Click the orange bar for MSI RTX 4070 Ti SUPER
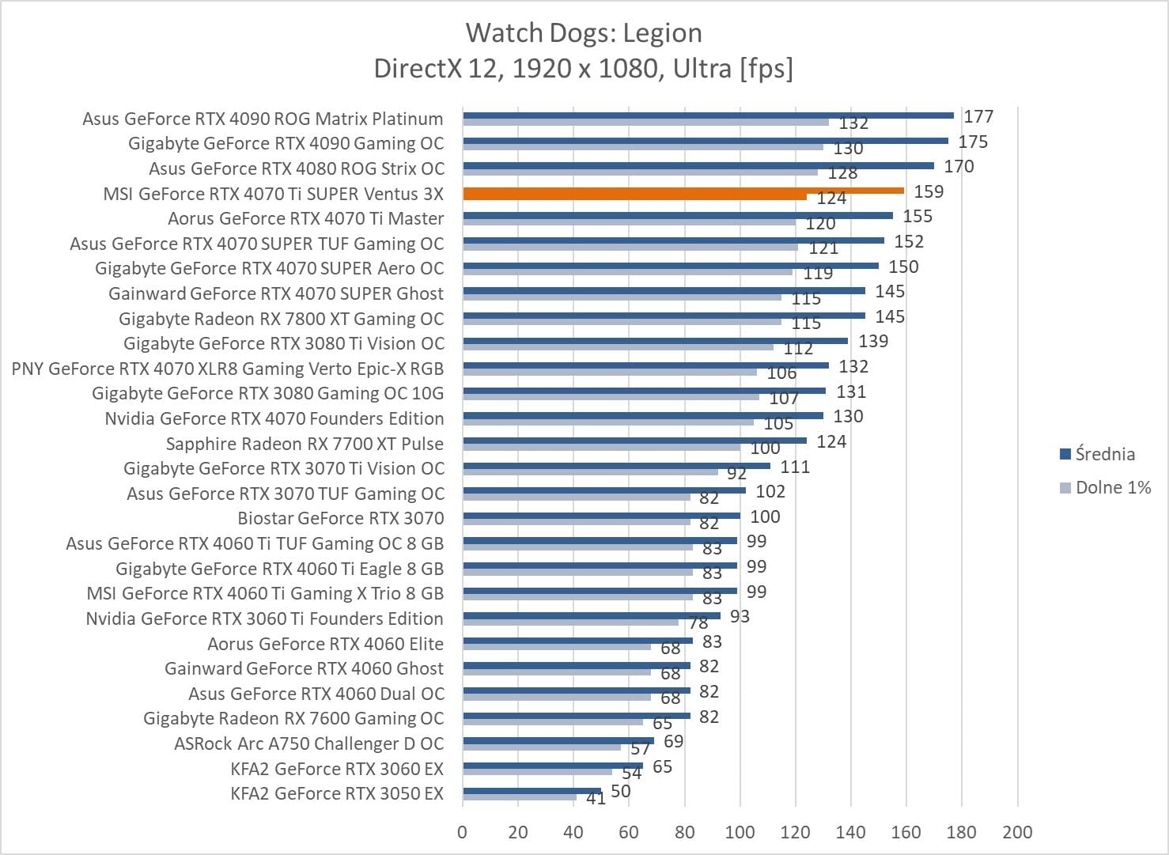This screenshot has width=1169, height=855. [x=683, y=191]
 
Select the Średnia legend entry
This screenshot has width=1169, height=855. [x=1104, y=454]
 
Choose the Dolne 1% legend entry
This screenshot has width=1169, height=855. [x=1112, y=487]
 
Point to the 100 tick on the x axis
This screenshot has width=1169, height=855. [x=740, y=832]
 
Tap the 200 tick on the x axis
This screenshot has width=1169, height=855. [x=1017, y=832]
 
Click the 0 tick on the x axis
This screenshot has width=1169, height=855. [x=463, y=832]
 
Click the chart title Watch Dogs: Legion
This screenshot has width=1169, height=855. [x=584, y=33]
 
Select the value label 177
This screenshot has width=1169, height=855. [x=978, y=116]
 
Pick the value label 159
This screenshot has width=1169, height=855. [x=929, y=191]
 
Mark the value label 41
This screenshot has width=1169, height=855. [x=596, y=799]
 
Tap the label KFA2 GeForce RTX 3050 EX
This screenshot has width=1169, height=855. [x=337, y=793]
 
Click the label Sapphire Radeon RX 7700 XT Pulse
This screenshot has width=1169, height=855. [x=305, y=444]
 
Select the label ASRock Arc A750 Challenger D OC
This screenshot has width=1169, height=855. [x=308, y=743]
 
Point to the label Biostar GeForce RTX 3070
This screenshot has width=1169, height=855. [x=341, y=518]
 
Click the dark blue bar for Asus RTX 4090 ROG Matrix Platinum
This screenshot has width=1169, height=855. [x=708, y=115]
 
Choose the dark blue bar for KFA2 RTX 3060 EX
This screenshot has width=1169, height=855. [x=553, y=765]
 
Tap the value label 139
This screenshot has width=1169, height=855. [x=873, y=341]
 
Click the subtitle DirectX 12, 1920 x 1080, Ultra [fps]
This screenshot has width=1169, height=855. [x=584, y=69]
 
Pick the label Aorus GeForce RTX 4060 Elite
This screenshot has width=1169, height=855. [x=325, y=644]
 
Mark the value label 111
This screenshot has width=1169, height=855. [x=795, y=467]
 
